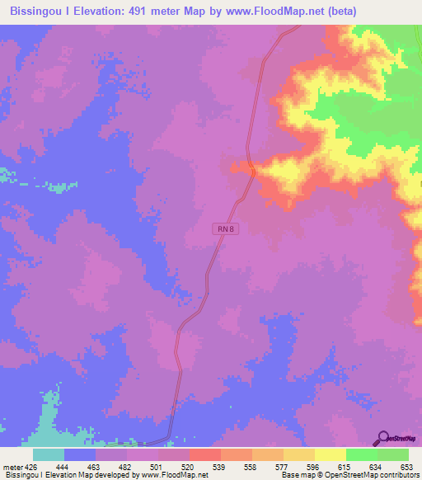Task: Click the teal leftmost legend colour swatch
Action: point(49,454)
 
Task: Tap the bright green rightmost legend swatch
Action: point(393,454)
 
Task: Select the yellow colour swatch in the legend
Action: point(331,454)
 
